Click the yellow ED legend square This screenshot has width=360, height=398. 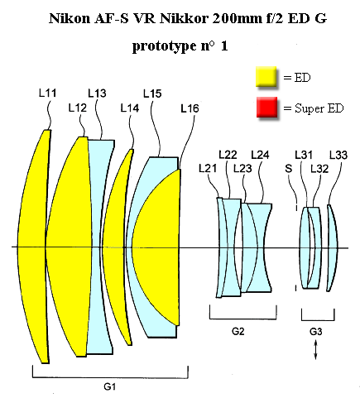point(266,76)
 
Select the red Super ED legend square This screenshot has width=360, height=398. point(266,107)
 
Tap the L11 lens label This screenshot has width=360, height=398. point(48,93)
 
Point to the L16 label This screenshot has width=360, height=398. point(190,108)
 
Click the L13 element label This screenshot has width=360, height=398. point(97,94)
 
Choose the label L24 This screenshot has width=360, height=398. point(260,155)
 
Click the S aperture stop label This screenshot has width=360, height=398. point(288,168)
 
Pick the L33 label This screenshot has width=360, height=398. point(338,155)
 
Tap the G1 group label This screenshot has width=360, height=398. point(109,386)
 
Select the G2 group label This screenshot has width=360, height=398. point(238,331)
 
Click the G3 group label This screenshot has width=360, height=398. point(316,331)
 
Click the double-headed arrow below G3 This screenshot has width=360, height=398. point(316,350)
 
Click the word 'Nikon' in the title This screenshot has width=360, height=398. point(70,18)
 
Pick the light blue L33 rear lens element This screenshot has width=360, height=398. point(333,247)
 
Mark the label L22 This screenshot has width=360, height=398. point(228,155)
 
